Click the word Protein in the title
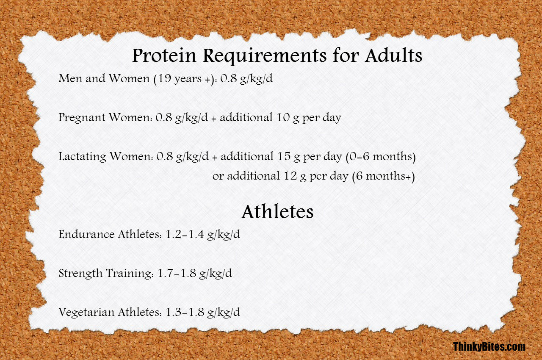tap(164, 55)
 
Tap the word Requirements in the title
tap(265, 56)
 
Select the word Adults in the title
tap(394, 55)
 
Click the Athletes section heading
tap(277, 212)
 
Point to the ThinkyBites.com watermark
tap(489, 346)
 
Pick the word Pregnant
tap(82, 118)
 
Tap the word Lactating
tap(82, 157)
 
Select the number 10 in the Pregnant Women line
tap(283, 117)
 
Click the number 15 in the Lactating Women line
tap(284, 156)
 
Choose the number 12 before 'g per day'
tap(290, 176)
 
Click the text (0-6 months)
tap(381, 157)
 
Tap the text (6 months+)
tap(384, 176)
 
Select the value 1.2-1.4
tap(185, 234)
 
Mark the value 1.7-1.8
tap(177, 273)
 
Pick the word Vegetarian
tap(86, 313)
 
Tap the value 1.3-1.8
tap(185, 312)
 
